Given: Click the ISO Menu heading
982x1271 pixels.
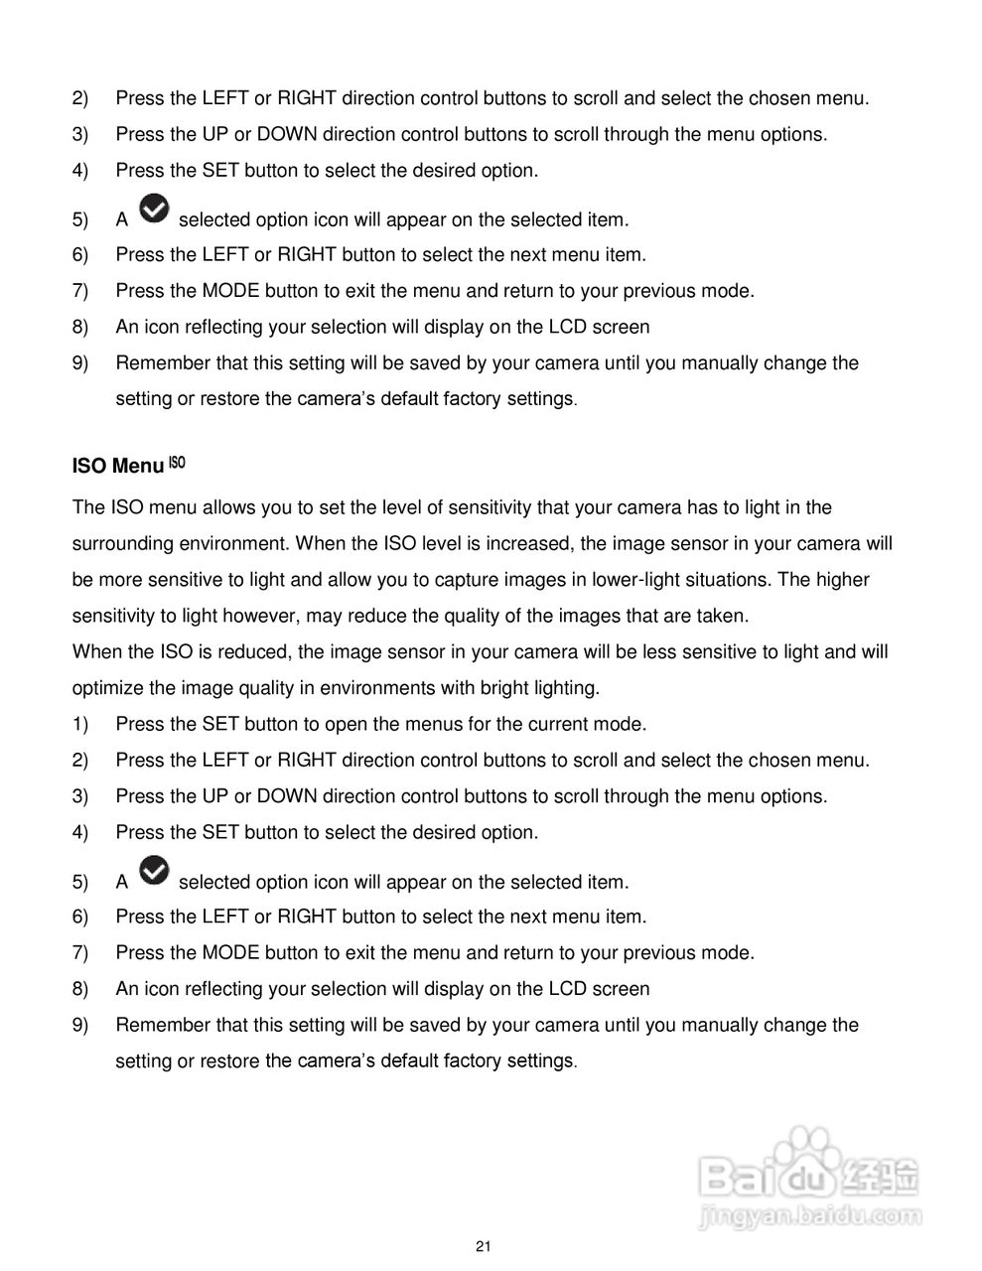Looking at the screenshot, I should pos(117,467).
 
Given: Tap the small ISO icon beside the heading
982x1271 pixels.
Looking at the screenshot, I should pos(177,462).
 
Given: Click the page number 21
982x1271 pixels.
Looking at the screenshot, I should pos(484,1247).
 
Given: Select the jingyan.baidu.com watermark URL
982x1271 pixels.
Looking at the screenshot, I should pos(810,1215).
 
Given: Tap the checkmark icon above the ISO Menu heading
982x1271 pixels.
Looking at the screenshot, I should pos(154,210).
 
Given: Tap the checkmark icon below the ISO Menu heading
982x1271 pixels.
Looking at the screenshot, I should pos(154,872).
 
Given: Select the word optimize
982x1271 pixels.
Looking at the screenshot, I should pos(106,688).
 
